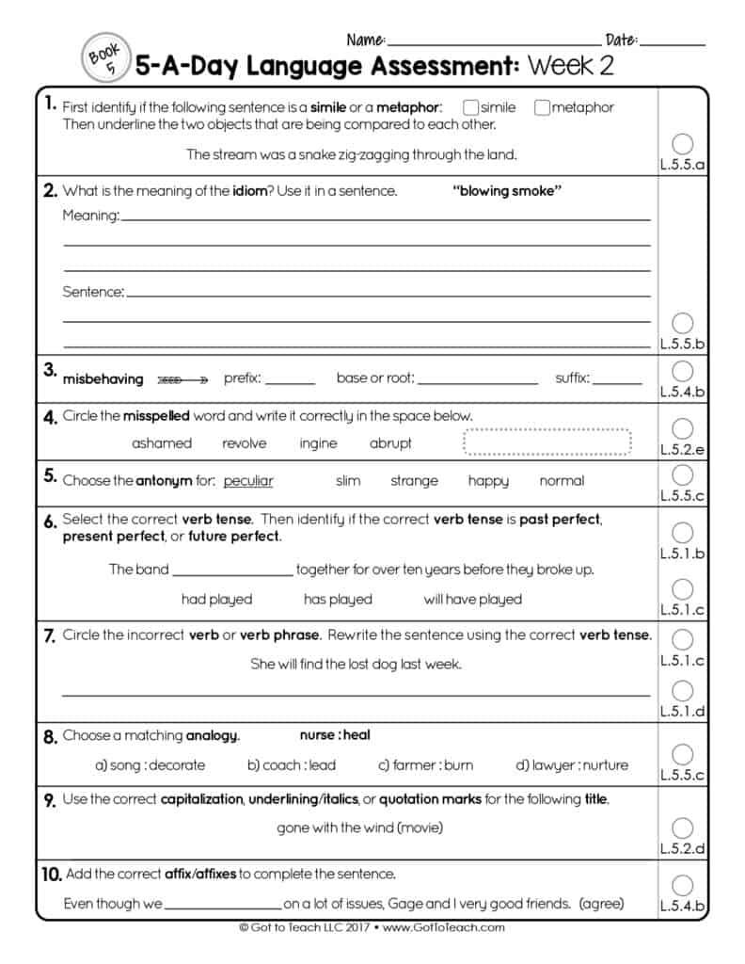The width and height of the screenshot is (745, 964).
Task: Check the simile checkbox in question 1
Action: point(471,107)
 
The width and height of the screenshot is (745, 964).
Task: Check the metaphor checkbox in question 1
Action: point(542,107)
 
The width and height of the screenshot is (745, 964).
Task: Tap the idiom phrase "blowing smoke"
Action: point(507,191)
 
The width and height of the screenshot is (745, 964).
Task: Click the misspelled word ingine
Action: point(318,443)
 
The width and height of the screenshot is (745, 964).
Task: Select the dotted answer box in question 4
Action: point(547,442)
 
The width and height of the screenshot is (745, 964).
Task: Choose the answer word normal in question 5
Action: point(562,481)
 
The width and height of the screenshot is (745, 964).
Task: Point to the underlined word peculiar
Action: point(248,481)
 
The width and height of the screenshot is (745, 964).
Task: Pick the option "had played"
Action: point(216,600)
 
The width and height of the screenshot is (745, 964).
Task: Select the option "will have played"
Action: point(472,600)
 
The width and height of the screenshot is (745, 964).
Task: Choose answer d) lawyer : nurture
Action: point(572,765)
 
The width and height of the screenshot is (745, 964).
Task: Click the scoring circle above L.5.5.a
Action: point(684,143)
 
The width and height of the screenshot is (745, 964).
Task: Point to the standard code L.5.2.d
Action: point(683,849)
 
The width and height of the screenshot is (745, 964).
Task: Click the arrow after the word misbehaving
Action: point(182,379)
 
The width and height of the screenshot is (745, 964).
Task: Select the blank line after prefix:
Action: point(291,383)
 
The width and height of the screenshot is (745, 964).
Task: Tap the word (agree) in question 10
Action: point(602,904)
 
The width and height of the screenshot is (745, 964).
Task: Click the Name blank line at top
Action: point(493,43)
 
